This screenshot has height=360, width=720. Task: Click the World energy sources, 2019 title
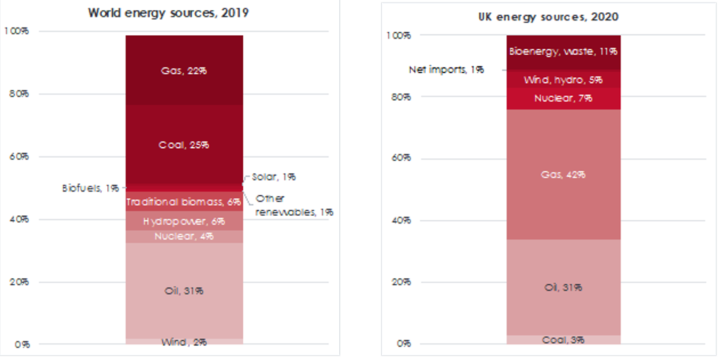click(x=185, y=13)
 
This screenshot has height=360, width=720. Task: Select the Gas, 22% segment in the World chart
click(x=185, y=71)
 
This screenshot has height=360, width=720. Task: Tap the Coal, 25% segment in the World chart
click(x=185, y=145)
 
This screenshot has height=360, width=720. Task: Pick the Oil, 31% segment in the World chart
click(x=185, y=291)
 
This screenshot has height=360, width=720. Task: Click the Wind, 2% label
click(x=185, y=342)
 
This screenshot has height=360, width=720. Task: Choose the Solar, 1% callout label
click(x=274, y=176)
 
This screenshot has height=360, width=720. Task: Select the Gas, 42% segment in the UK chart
click(x=562, y=174)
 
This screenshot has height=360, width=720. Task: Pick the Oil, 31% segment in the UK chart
click(x=562, y=288)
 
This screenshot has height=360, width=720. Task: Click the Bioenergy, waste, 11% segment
click(x=562, y=51)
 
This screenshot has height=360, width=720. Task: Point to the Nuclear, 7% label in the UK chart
click(x=562, y=98)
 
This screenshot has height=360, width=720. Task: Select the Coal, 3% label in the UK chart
click(x=562, y=340)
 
